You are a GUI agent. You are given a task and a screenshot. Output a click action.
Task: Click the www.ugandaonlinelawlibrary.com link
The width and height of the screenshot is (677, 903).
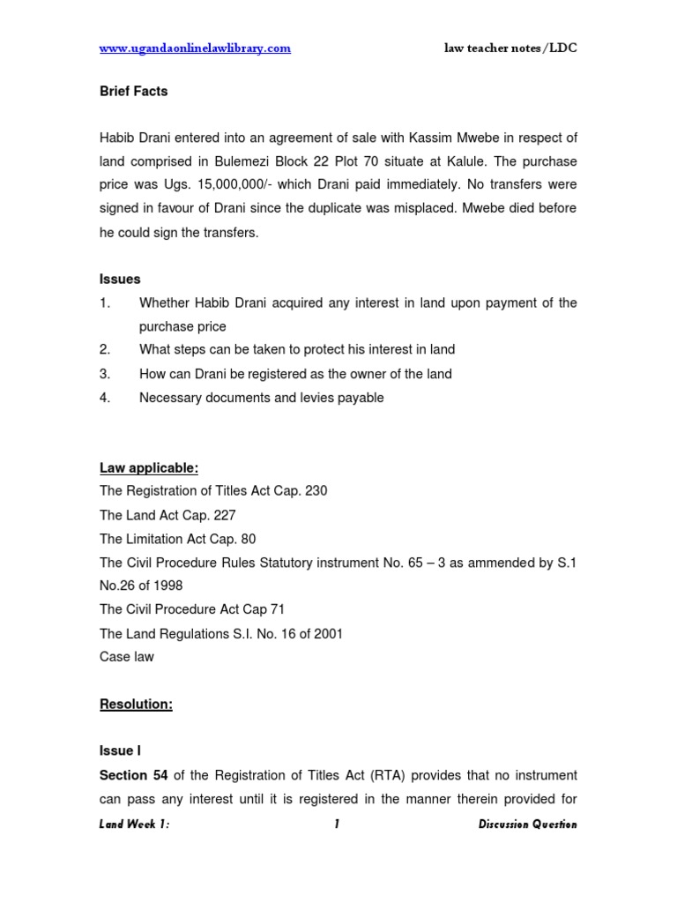click(195, 49)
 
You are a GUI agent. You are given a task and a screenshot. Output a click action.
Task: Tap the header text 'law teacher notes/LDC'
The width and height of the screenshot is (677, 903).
click(510, 49)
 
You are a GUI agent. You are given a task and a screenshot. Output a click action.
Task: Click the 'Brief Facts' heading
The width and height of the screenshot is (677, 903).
click(133, 91)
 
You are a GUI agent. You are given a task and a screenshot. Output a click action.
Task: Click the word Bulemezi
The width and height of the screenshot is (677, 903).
click(257, 161)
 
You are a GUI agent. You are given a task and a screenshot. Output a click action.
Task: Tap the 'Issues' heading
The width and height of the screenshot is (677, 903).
click(120, 279)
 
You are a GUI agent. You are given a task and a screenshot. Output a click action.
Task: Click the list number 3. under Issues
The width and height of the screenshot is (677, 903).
click(105, 374)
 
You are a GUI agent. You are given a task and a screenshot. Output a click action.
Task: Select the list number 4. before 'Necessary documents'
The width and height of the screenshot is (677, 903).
click(105, 398)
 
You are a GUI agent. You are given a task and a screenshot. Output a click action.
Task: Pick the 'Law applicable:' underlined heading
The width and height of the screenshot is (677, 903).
click(149, 467)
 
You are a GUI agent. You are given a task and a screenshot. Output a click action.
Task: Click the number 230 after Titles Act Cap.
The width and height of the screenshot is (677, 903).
click(316, 491)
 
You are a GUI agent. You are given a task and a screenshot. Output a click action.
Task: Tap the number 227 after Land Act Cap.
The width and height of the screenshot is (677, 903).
click(225, 515)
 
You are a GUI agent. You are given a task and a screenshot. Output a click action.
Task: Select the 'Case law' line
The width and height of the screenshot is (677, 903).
click(126, 657)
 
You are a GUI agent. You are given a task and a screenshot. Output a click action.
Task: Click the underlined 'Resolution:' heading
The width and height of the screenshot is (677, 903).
click(136, 705)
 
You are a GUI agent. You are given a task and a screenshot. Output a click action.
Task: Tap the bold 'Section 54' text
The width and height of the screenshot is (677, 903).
click(134, 775)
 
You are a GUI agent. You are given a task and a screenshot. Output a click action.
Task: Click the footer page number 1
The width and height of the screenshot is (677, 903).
click(337, 825)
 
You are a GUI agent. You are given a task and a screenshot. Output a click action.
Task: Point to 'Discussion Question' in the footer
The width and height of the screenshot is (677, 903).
click(527, 825)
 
